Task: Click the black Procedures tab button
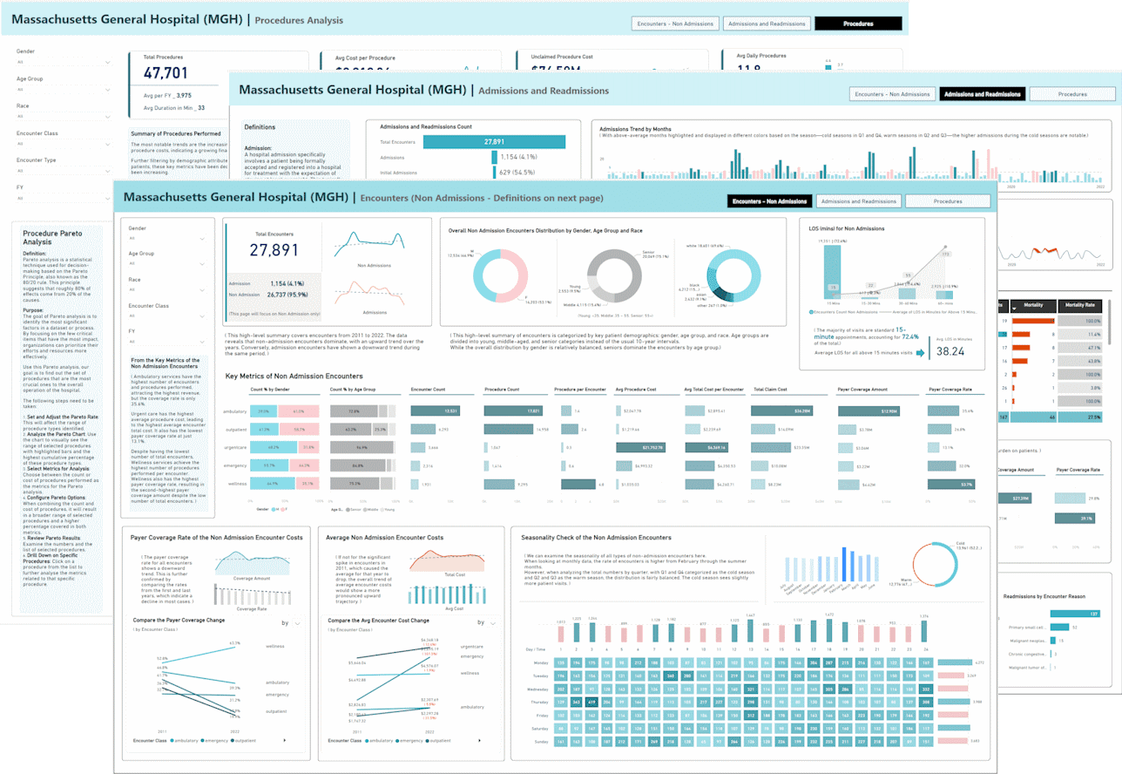858,24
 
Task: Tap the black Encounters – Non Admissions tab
769,201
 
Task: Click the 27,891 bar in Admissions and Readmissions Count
529,142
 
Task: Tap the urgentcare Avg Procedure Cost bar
640,447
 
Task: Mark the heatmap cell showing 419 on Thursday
590,700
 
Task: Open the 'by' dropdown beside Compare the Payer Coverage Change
291,623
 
